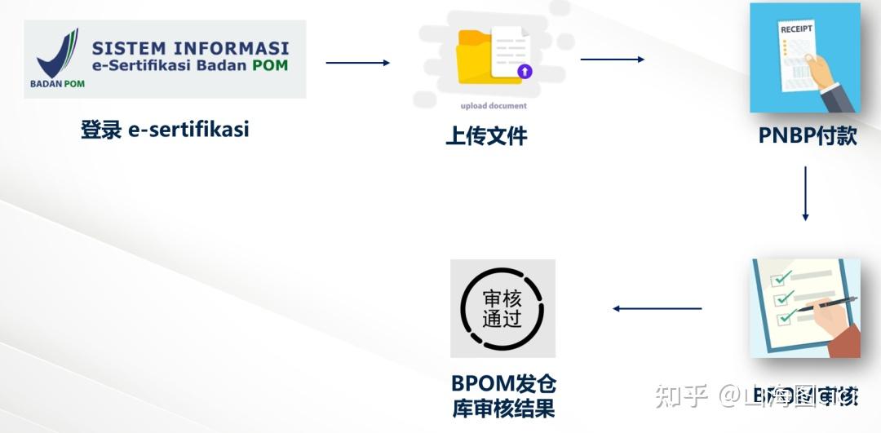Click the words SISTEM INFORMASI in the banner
tap(190, 48)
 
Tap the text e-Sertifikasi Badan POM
tap(189, 65)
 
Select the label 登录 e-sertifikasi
tap(165, 129)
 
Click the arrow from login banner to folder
tap(357, 63)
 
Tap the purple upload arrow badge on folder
tap(525, 72)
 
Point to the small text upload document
tap(494, 106)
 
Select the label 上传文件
tap(486, 135)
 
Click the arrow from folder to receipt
tap(612, 60)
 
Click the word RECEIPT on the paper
tap(796, 29)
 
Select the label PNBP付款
tap(807, 135)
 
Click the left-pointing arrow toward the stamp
tap(657, 308)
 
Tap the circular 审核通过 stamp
tap(502, 308)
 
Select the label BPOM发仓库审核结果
tap(503, 395)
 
